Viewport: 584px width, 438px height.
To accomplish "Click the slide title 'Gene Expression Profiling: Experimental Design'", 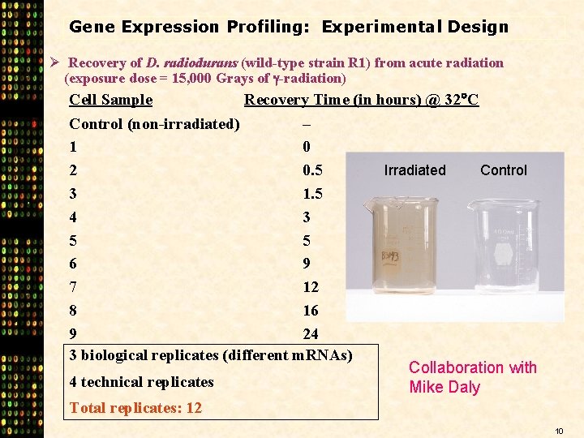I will pos(289,27).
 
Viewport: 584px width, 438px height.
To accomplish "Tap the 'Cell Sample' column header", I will pos(110,100).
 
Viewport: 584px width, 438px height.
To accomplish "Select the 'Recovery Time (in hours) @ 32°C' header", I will pos(361,100).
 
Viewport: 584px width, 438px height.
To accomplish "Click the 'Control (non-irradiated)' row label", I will pos(154,124).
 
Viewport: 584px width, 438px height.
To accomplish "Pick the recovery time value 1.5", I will pos(312,195).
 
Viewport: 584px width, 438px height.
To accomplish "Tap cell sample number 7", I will pos(74,287).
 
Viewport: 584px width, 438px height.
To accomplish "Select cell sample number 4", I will pos(74,217).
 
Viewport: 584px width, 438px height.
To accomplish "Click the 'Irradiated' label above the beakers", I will pos(414,170).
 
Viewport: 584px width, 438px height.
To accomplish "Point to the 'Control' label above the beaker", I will pos(503,170).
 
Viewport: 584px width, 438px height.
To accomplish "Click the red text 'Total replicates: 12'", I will pos(135,408).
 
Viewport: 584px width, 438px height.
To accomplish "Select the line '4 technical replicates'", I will pos(141,382).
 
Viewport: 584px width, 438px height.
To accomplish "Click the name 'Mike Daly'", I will pos(444,387).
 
